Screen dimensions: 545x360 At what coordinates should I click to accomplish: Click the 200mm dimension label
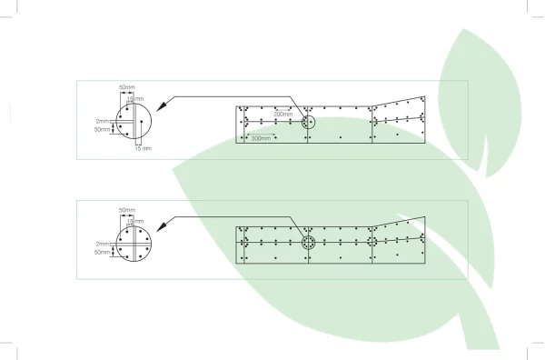[x=282, y=114]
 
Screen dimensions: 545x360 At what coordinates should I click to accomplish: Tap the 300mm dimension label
[x=261, y=138]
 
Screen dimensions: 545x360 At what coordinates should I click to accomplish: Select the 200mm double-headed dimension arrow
[x=282, y=110]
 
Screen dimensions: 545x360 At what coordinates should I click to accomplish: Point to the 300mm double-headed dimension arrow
[x=261, y=134]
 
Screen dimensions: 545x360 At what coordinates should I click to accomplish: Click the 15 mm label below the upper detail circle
[x=144, y=148]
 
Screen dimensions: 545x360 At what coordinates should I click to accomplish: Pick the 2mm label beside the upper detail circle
[x=103, y=122]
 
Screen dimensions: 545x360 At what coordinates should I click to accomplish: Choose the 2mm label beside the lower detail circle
[x=103, y=245]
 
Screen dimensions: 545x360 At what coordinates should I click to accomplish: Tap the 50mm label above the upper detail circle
[x=127, y=87]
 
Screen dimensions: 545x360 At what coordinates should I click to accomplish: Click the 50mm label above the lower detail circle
[x=127, y=210]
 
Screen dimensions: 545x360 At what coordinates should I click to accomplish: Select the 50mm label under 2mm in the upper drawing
[x=102, y=129]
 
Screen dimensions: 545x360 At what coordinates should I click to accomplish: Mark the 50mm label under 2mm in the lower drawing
[x=102, y=252]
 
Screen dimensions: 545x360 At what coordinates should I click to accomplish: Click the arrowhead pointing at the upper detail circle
[x=162, y=105]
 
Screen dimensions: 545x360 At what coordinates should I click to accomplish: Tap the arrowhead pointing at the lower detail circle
[x=162, y=225]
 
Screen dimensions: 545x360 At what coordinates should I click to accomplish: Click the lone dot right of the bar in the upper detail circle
[x=142, y=122]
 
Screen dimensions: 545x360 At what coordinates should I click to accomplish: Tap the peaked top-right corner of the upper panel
[x=425, y=96]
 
